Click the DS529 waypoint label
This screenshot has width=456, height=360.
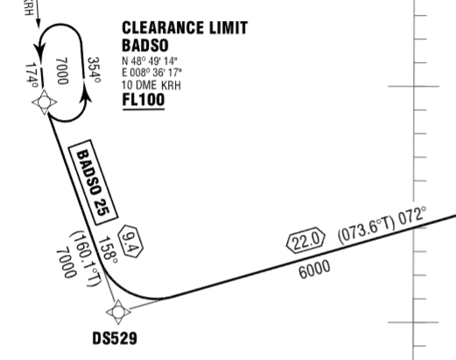click(x=115, y=339)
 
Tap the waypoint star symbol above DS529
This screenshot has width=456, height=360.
click(x=118, y=312)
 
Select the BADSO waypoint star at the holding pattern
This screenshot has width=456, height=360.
click(x=44, y=102)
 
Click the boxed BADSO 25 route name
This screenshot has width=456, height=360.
click(x=93, y=182)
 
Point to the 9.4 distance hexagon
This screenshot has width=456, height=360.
click(x=130, y=242)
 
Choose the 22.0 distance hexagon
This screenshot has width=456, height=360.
click(x=305, y=240)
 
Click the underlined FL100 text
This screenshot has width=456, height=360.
click(x=144, y=100)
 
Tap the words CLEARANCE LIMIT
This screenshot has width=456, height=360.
click(x=185, y=28)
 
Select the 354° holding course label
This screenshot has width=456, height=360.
click(x=94, y=69)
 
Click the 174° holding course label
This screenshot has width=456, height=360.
click(x=32, y=75)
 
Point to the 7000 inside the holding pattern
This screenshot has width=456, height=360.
click(x=62, y=71)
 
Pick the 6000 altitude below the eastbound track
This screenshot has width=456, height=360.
click(x=314, y=269)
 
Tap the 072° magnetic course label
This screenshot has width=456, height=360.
click(x=411, y=215)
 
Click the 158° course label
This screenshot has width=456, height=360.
click(x=108, y=250)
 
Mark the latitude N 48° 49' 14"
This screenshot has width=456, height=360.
click(x=150, y=61)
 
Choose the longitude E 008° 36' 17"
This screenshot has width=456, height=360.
click(x=151, y=72)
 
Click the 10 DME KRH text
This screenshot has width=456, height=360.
click(x=151, y=85)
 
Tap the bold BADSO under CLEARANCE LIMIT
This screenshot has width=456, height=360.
click(x=145, y=46)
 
